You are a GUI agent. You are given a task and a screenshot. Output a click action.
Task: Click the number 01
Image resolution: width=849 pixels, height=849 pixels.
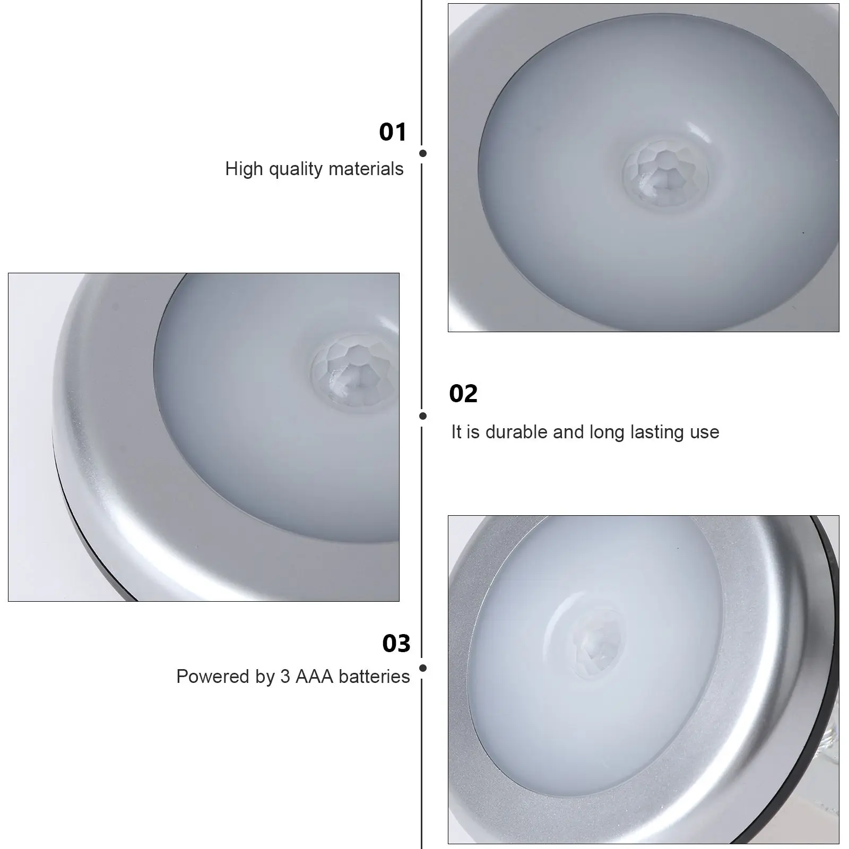pyautogui.click(x=393, y=132)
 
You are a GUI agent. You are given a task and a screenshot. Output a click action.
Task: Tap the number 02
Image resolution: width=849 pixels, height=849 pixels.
pyautogui.click(x=463, y=394)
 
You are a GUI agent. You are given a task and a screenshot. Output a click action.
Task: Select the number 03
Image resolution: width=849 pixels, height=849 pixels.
pyautogui.click(x=396, y=644)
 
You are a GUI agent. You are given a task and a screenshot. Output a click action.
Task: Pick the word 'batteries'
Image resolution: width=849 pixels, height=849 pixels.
pyautogui.click(x=374, y=677)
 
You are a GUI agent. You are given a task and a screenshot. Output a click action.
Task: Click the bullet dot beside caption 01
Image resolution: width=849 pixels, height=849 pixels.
pyautogui.click(x=423, y=153)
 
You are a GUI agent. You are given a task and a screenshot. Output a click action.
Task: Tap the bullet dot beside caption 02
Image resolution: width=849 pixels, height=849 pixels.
pyautogui.click(x=423, y=416)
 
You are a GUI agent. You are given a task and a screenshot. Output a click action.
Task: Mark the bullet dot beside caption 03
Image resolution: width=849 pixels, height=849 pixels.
pyautogui.click(x=423, y=669)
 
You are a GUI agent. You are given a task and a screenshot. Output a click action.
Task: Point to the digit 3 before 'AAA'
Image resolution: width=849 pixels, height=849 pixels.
pyautogui.click(x=285, y=677)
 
